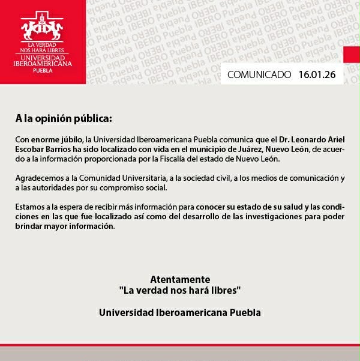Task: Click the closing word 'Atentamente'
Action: click(180, 279)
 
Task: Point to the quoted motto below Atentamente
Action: click(180, 290)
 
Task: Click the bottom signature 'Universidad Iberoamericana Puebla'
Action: click(180, 312)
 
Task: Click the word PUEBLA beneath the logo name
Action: click(42, 70)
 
